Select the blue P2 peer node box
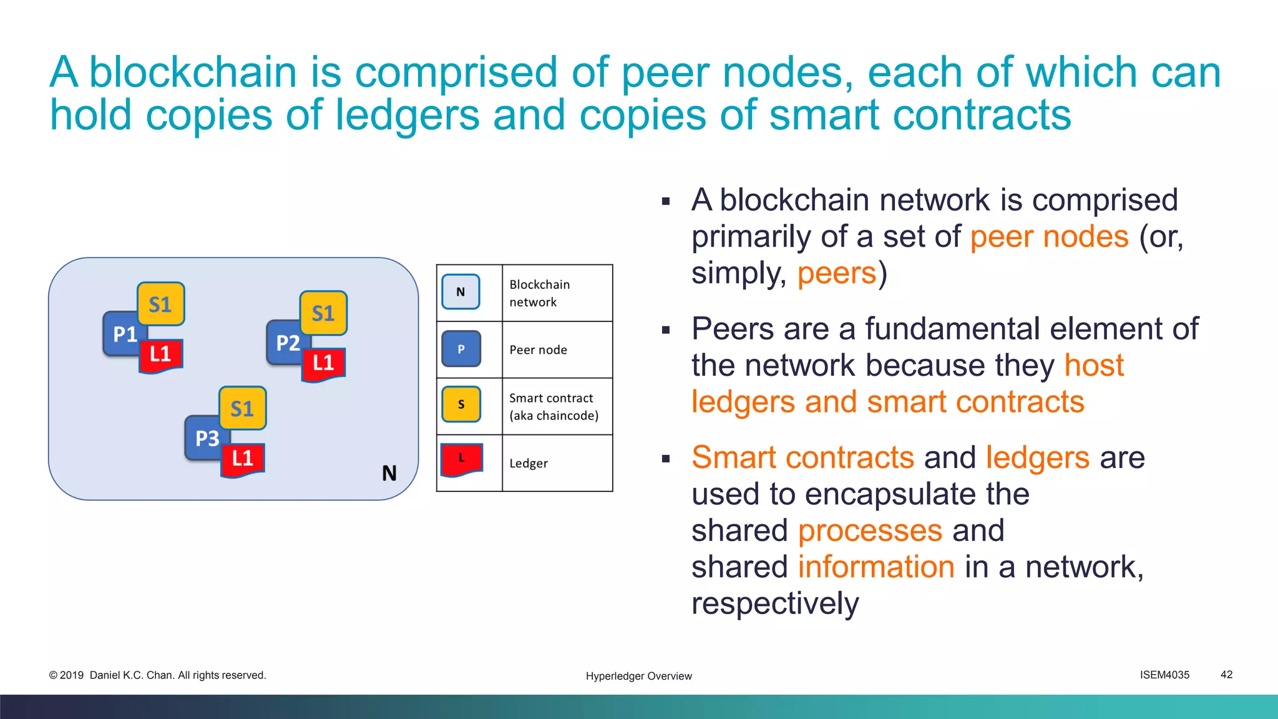coord(285,343)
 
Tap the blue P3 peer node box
coord(205,439)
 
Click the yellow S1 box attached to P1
coord(161,304)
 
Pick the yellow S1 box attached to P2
coord(323,313)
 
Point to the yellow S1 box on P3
coord(243,408)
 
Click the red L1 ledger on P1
coord(161,355)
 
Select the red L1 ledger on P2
coord(323,363)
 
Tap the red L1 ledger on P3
coord(243,459)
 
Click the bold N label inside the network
coord(389,473)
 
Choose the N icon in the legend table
coord(461,292)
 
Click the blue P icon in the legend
coord(461,349)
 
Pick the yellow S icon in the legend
coord(461,404)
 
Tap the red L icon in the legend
coord(462,459)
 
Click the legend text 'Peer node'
coord(538,350)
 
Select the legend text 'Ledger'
coord(529,463)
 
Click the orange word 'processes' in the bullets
coord(870,531)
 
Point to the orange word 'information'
coord(876,567)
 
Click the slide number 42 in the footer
coord(1226,675)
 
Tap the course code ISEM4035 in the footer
coord(1164,675)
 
